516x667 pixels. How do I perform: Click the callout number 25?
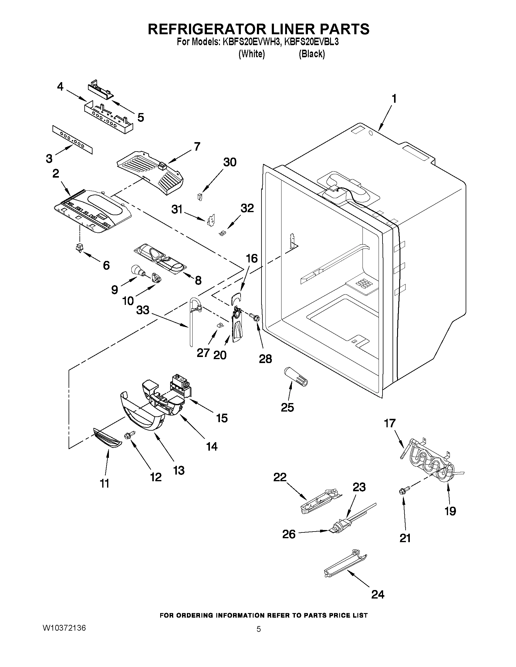tap(287, 407)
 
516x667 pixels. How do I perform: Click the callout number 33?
tap(143, 310)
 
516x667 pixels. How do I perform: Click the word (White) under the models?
tap(251, 54)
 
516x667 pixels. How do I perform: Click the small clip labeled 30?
tap(200, 197)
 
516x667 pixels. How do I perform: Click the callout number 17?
tap(390, 424)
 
